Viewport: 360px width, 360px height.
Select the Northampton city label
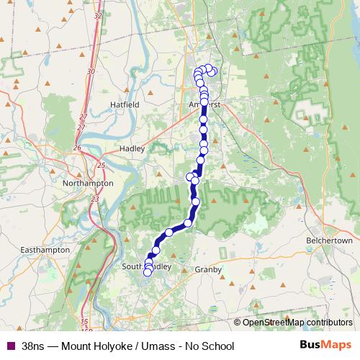coord(88,184)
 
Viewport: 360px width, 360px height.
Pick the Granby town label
coord(208,269)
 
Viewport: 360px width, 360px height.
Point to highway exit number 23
coord(96,199)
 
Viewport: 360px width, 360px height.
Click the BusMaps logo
coord(325,346)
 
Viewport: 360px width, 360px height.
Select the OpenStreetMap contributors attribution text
coord(297,323)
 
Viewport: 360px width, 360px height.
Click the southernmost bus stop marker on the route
coord(148,272)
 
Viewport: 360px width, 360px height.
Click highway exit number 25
coord(102,166)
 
